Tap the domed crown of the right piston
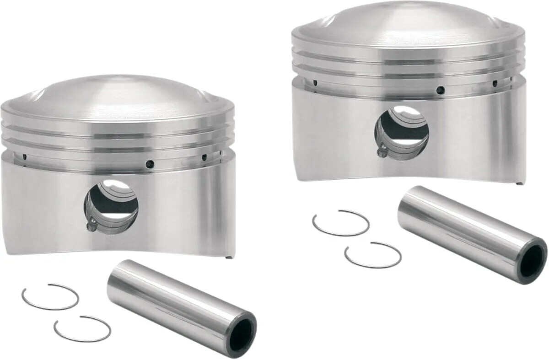click(407, 23)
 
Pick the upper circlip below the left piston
click(50, 297)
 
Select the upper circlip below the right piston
click(341, 223)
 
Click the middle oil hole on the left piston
click(149, 163)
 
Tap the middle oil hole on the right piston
click(440, 90)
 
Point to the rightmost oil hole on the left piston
click(204, 157)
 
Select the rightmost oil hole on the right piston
click(495, 84)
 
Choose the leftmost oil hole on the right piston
click(315, 83)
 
